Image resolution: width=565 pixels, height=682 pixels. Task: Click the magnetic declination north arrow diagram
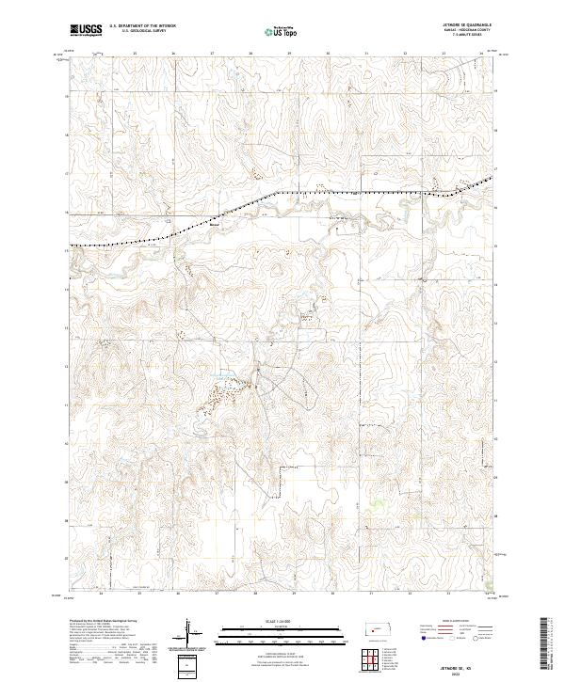188,631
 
